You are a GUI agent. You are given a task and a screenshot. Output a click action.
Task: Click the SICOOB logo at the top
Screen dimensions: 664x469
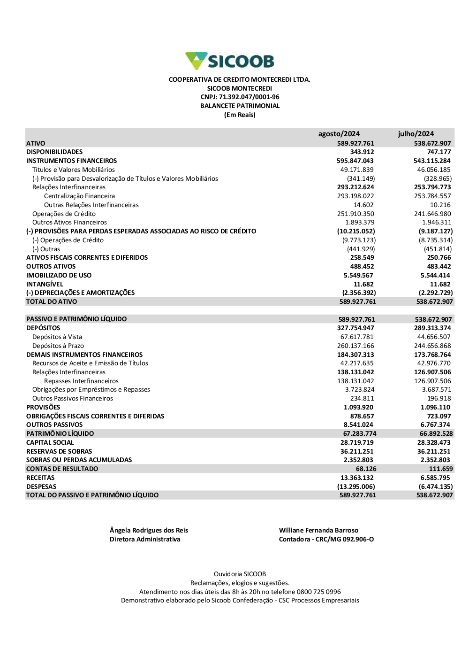pyautogui.click(x=230, y=61)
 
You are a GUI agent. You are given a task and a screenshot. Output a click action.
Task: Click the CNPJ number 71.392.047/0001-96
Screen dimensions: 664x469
pyautogui.click(x=249, y=97)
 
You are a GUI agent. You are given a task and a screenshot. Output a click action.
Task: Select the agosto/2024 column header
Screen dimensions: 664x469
pyautogui.click(x=339, y=134)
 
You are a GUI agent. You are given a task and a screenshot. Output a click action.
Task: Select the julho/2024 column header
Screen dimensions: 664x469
pyautogui.click(x=416, y=134)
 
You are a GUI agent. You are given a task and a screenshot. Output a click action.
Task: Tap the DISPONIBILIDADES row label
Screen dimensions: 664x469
pyautogui.click(x=54, y=152)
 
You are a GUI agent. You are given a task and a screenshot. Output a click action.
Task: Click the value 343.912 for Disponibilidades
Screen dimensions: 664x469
pyautogui.click(x=362, y=152)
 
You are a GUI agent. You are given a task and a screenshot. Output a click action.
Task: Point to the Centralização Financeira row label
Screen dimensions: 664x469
pyautogui.click(x=79, y=196)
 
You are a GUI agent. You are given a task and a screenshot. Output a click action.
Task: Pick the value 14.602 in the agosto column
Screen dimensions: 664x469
pyautogui.click(x=363, y=205)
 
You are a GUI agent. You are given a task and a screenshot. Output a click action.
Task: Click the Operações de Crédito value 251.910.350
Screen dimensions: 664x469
pyautogui.click(x=356, y=214)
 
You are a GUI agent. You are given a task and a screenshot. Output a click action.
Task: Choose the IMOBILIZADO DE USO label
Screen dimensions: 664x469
pyautogui.click(x=59, y=276)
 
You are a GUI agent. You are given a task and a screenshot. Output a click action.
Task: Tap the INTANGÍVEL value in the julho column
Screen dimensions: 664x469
pyautogui.click(x=440, y=285)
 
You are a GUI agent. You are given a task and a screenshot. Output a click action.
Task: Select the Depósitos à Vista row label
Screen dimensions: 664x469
pyautogui.click(x=57, y=337)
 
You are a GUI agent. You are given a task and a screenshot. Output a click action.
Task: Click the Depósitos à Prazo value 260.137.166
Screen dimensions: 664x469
pyautogui.click(x=356, y=346)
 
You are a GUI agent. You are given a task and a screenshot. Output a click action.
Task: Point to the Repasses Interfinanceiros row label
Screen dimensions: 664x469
pyautogui.click(x=81, y=381)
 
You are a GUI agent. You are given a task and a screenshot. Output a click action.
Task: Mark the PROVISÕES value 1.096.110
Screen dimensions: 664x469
pyautogui.click(x=435, y=408)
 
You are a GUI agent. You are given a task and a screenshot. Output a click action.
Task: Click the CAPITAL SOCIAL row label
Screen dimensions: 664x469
pyautogui.click(x=50, y=443)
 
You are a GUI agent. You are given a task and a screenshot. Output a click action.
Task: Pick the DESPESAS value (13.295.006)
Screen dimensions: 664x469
pyautogui.click(x=356, y=487)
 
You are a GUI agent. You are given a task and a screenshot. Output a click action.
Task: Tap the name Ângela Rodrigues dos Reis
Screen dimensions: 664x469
pyautogui.click(x=149, y=531)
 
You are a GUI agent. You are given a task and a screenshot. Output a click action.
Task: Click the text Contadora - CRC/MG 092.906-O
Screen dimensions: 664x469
pyautogui.click(x=326, y=540)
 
